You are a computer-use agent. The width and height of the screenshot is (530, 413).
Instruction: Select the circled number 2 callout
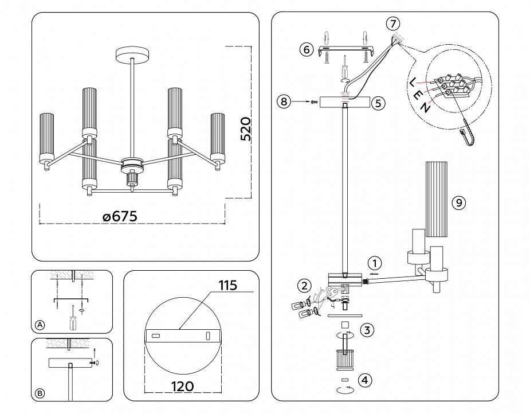pos(304,286)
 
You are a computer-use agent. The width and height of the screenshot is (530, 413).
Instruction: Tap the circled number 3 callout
pos(368,330)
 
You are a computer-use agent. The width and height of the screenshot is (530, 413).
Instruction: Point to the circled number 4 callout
pos(364,380)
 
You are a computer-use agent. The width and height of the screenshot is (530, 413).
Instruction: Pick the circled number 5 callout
pos(377,103)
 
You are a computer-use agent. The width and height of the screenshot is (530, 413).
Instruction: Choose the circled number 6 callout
pos(306,50)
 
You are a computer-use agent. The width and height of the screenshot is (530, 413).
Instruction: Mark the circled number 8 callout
pos(283,102)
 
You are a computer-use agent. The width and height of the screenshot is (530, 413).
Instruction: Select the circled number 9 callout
pos(458,202)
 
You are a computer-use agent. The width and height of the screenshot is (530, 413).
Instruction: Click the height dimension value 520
pos(245,129)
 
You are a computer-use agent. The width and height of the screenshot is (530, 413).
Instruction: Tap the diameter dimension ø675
pos(120,216)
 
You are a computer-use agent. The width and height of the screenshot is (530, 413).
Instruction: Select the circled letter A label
pos(40,325)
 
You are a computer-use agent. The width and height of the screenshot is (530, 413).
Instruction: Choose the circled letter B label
pos(40,393)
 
